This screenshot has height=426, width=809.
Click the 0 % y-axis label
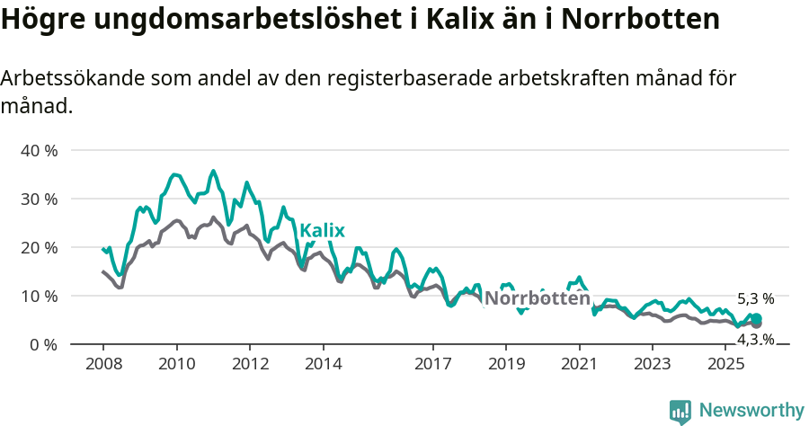point(43,344)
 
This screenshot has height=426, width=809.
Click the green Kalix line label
point(322,230)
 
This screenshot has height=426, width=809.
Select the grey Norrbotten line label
point(537,298)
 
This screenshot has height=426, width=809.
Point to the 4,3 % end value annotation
point(755,339)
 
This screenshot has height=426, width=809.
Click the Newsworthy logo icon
point(680,412)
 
